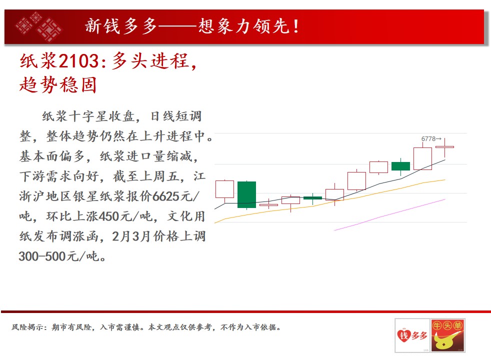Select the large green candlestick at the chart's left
[247, 194]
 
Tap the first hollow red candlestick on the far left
[224, 189]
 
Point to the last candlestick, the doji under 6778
[444, 147]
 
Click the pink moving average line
[390, 214]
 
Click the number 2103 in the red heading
[78, 60]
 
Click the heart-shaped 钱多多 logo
[412, 335]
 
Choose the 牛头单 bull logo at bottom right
[448, 335]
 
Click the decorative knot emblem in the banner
[38, 26]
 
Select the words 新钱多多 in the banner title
[121, 26]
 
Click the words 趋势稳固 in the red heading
[58, 84]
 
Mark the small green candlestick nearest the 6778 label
[400, 166]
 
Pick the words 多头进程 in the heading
[150, 60]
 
